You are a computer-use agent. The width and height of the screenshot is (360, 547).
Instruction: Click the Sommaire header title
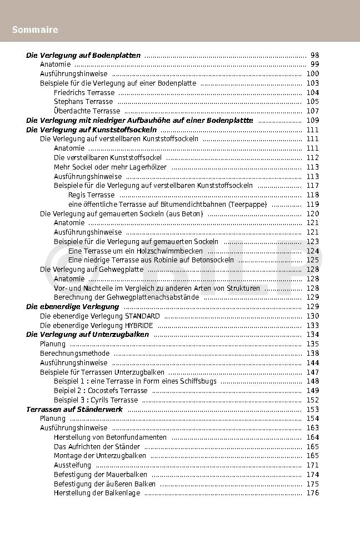[35, 29]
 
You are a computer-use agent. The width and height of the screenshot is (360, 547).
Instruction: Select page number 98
[314, 56]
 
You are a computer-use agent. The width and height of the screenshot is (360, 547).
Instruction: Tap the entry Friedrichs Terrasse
[84, 93]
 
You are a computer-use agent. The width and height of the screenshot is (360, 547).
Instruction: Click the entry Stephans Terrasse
[83, 102]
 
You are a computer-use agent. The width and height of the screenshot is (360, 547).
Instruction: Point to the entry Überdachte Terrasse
[87, 111]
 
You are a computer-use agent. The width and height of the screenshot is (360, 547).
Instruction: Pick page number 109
[312, 121]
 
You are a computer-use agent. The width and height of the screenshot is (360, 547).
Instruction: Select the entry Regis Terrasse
[91, 195]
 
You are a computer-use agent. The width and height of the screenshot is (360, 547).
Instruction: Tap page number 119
[312, 205]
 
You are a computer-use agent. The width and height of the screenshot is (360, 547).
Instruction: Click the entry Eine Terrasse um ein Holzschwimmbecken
[135, 251]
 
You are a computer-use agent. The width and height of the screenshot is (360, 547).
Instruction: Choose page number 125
[312, 260]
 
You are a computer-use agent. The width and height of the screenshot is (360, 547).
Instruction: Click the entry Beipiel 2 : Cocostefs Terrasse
[101, 391]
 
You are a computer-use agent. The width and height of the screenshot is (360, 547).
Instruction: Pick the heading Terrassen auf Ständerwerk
[74, 409]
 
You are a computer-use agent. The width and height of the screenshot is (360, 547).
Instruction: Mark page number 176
[312, 493]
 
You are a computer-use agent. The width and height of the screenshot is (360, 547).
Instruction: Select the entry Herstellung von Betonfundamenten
[110, 437]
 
